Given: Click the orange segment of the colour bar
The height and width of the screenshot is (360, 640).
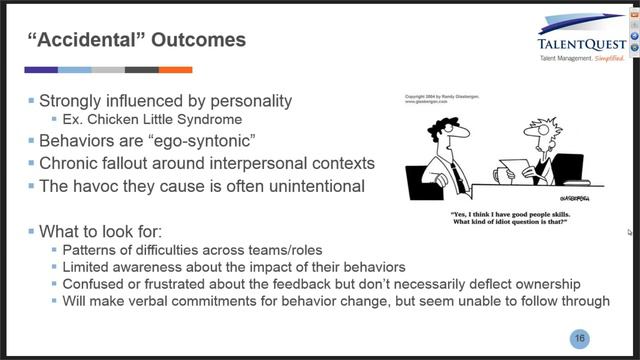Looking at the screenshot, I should [175, 70].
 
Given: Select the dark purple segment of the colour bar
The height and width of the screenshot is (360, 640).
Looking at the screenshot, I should [41, 70].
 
